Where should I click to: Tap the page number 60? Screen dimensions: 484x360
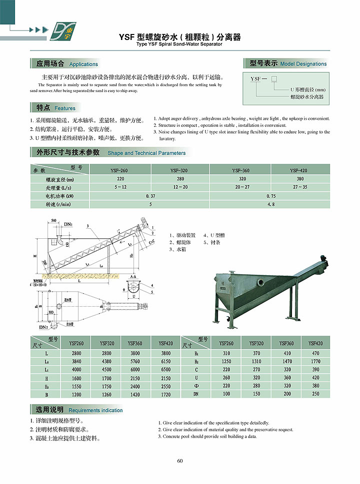[180, 461]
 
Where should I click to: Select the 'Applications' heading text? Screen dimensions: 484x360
[83, 64]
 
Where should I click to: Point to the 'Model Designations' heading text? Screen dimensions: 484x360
[303, 64]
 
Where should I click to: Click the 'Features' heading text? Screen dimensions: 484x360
[65, 108]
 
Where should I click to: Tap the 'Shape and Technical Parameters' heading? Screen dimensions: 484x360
[146, 153]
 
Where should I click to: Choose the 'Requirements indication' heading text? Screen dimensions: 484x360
[95, 411]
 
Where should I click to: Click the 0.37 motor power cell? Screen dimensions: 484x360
[150, 196]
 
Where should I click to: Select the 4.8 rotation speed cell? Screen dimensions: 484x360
[270, 204]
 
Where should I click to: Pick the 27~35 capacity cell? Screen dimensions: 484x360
[300, 187]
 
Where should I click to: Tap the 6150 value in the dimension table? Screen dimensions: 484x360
[166, 361]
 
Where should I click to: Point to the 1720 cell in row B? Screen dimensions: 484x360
[166, 395]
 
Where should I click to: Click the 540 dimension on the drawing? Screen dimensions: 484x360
[54, 220]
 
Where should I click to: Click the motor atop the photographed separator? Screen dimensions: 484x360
[324, 259]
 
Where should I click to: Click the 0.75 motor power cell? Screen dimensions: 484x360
[270, 196]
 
